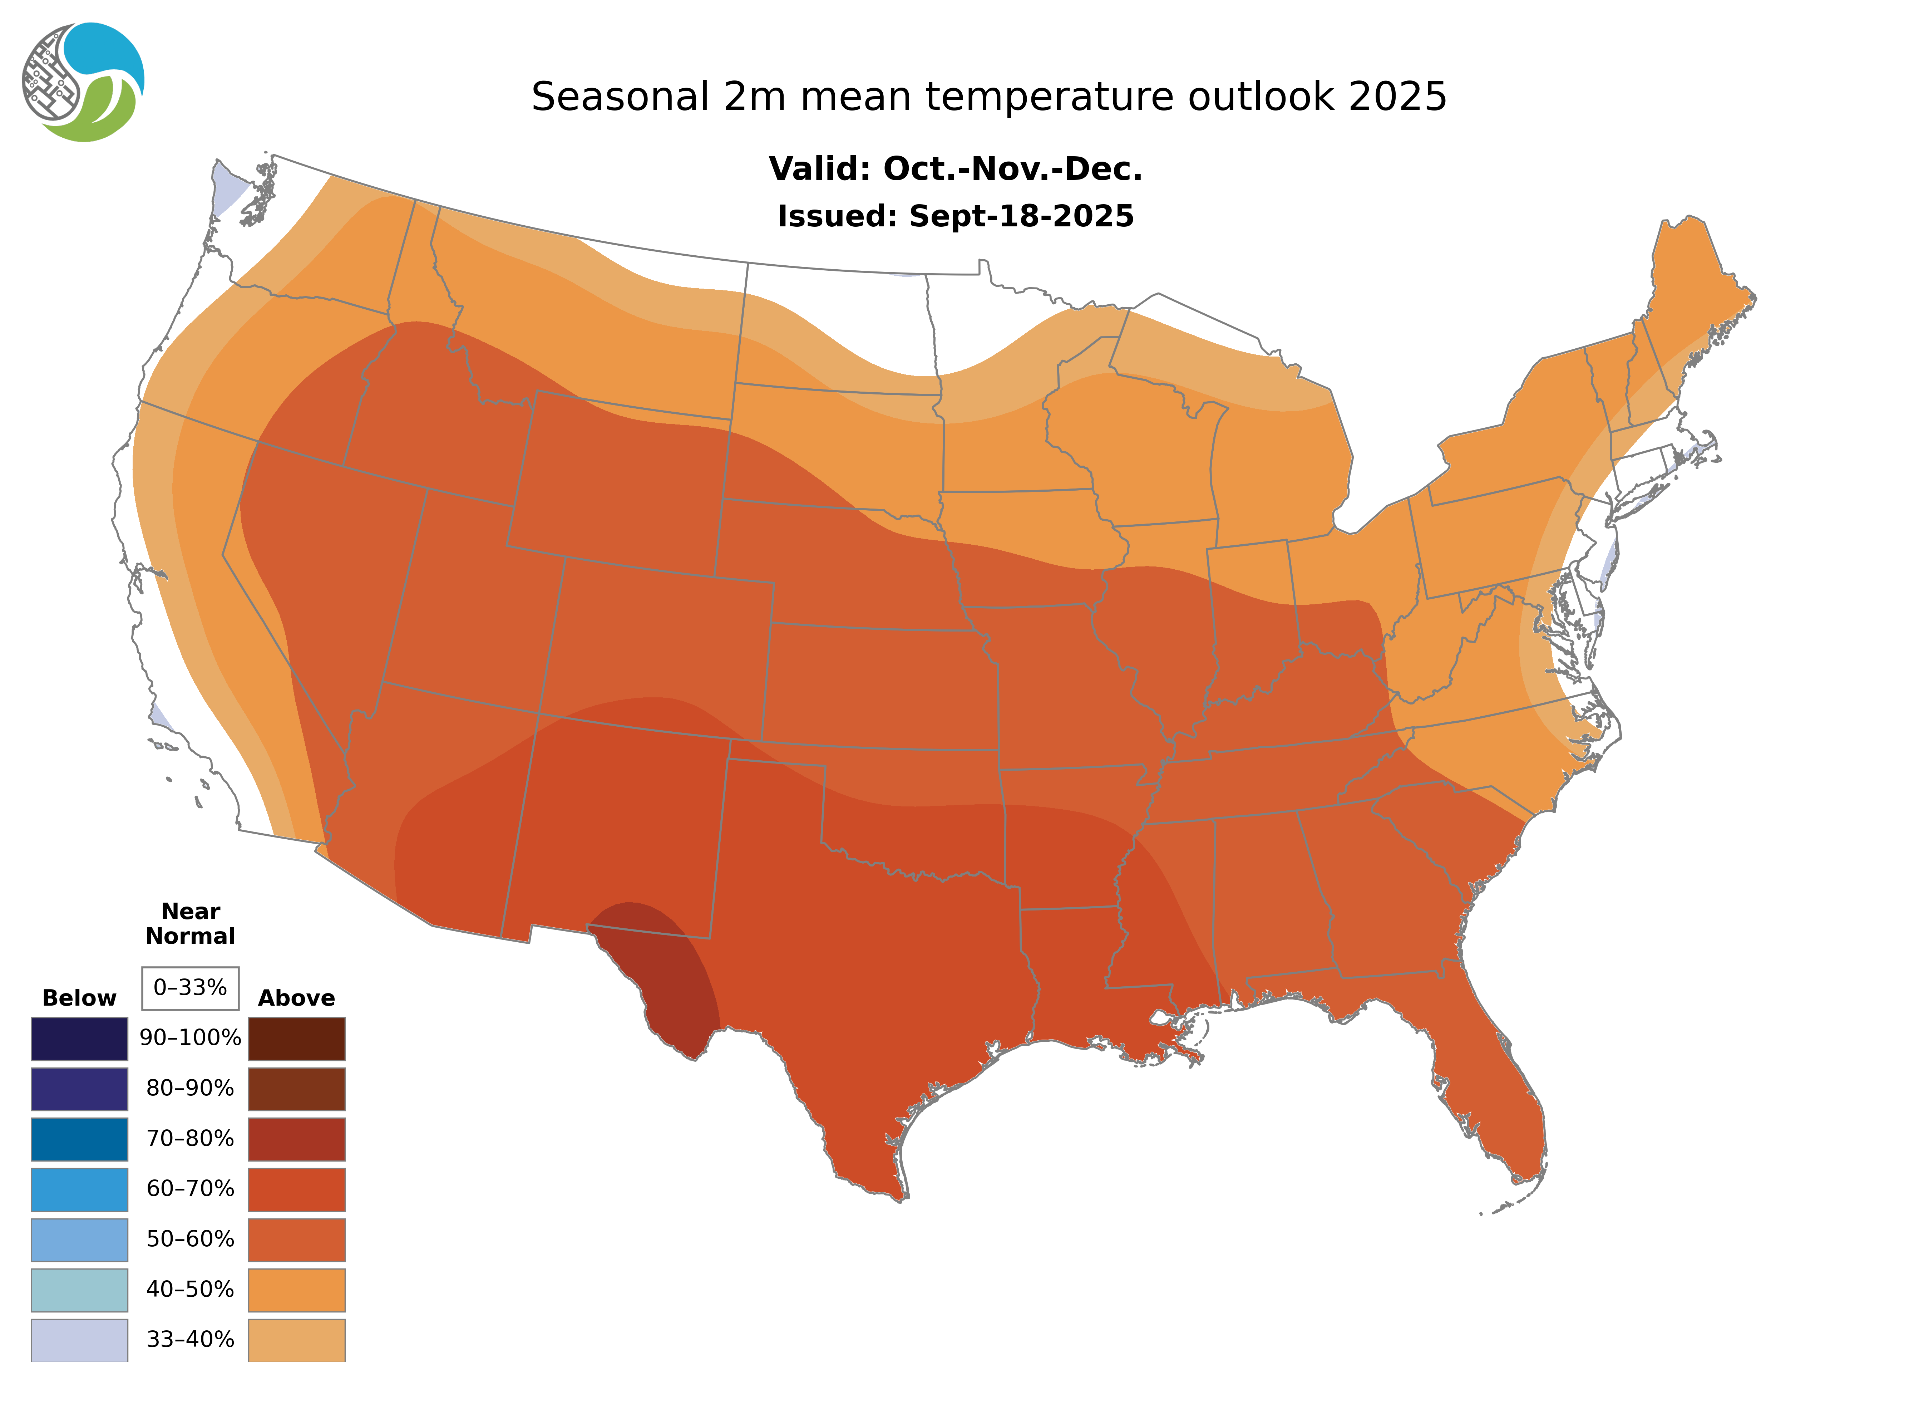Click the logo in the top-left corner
click(x=83, y=83)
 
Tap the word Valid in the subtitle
click(x=818, y=169)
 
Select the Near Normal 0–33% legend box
click(x=190, y=988)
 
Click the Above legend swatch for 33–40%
click(x=296, y=1339)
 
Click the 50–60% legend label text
click(x=190, y=1239)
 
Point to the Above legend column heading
click(x=296, y=998)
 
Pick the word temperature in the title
click(x=1051, y=97)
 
